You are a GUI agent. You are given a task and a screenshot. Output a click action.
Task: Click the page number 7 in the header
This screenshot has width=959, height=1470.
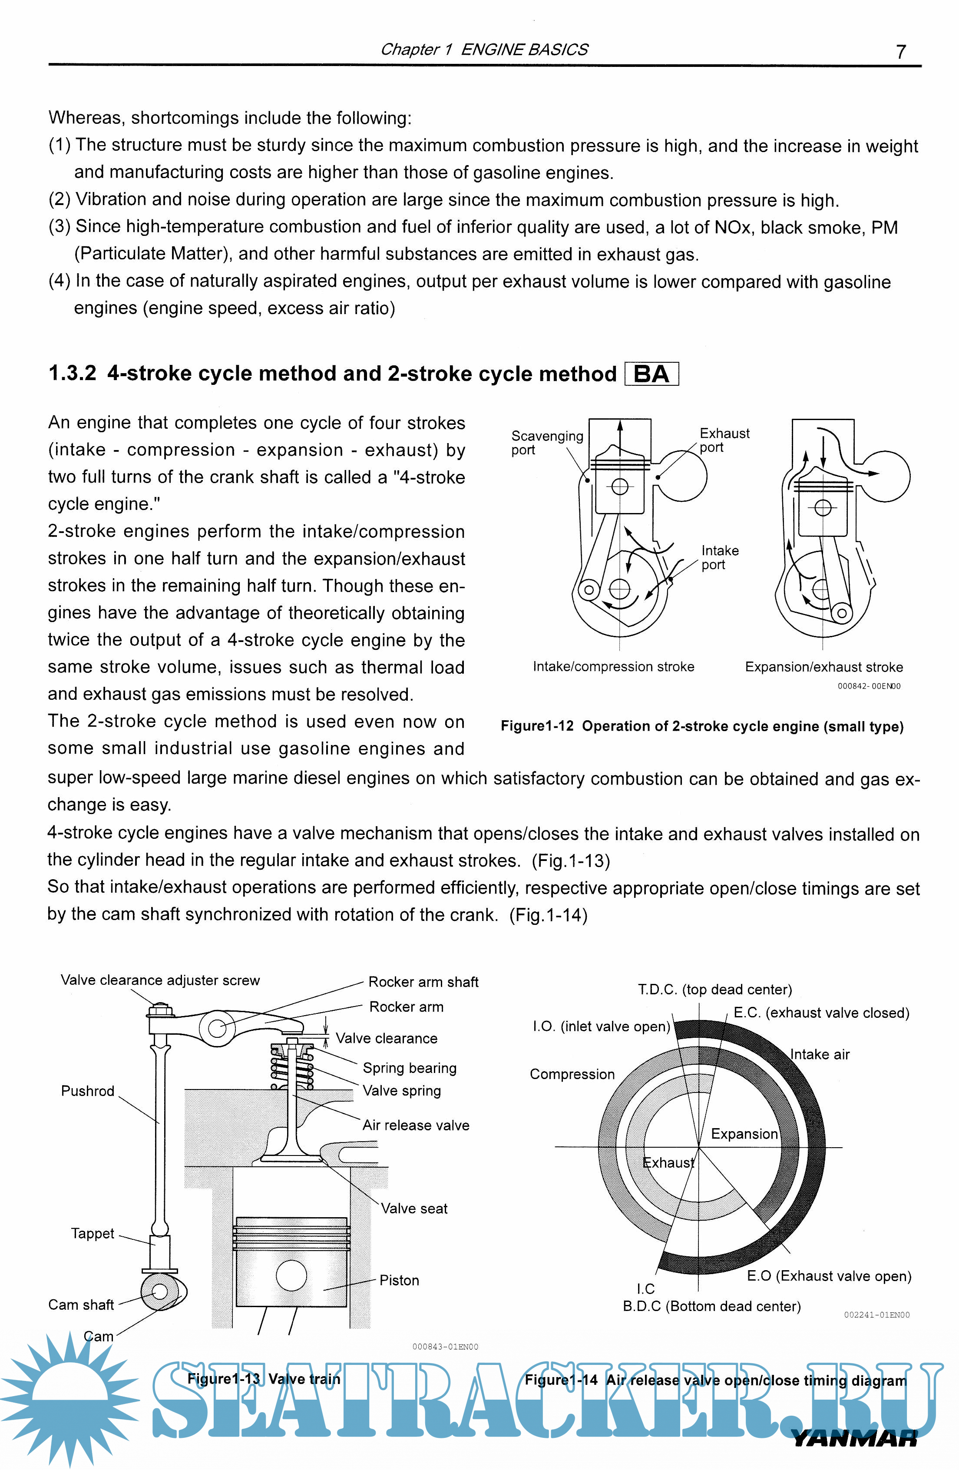(x=901, y=52)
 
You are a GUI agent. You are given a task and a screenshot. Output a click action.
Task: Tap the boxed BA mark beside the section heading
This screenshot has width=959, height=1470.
(x=651, y=374)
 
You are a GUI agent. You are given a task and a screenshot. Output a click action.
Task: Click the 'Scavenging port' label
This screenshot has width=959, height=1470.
(x=546, y=443)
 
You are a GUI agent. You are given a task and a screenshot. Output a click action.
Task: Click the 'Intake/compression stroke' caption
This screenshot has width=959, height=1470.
(x=613, y=666)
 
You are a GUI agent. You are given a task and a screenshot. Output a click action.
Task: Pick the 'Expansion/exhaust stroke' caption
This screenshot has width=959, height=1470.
(x=824, y=667)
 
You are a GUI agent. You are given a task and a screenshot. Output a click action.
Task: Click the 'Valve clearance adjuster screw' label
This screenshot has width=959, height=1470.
(x=160, y=980)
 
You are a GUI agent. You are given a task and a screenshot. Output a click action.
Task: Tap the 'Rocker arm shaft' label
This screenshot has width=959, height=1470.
(x=423, y=982)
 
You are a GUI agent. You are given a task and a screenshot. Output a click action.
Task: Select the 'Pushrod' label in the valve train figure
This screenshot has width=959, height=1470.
(x=88, y=1091)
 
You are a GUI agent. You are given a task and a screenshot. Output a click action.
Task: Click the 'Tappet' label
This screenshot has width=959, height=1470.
(x=93, y=1233)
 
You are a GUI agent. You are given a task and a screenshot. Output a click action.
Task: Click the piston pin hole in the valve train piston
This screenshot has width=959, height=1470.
(x=291, y=1275)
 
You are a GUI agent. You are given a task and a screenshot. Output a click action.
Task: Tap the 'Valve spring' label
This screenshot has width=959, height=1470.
(x=401, y=1091)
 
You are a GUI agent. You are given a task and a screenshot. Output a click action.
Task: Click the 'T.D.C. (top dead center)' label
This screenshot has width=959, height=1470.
(x=714, y=990)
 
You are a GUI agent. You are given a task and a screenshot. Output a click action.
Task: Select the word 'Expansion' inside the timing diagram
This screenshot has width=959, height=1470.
(x=744, y=1134)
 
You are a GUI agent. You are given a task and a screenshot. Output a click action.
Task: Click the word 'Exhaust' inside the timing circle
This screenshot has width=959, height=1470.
(x=668, y=1163)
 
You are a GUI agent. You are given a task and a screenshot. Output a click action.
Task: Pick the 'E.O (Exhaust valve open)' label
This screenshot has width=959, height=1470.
(x=829, y=1276)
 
